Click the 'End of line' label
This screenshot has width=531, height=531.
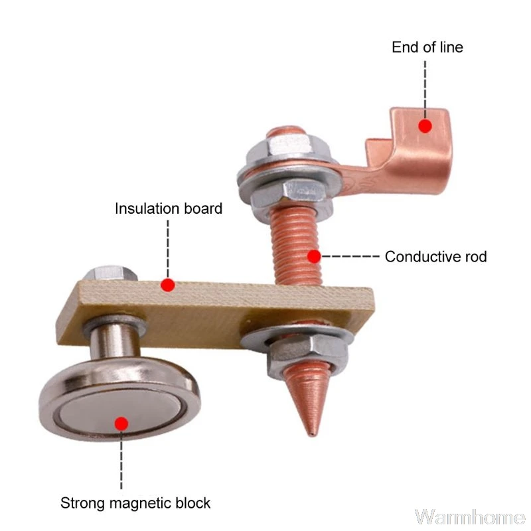click(x=427, y=47)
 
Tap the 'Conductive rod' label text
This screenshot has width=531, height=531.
click(x=435, y=256)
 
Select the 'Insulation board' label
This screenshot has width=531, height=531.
click(x=169, y=208)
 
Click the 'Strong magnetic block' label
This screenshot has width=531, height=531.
click(x=135, y=502)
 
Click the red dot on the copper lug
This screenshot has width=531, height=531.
click(x=425, y=125)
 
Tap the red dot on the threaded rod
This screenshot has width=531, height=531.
click(x=315, y=256)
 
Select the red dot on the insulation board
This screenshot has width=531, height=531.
click(x=168, y=285)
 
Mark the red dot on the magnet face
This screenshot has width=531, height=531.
click(x=121, y=423)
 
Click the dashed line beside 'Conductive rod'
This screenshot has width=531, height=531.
click(x=350, y=256)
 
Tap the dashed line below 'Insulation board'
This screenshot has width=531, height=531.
click(x=168, y=246)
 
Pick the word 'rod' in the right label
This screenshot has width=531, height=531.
click(x=474, y=256)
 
